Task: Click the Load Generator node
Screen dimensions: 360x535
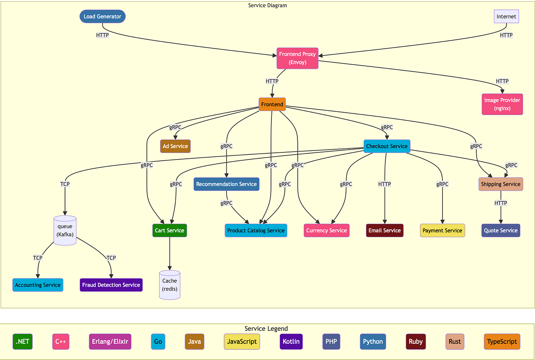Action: click(102, 17)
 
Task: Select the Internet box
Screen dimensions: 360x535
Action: click(506, 17)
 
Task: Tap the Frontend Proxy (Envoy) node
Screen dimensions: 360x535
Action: click(297, 58)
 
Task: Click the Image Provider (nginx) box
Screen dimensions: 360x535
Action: click(502, 104)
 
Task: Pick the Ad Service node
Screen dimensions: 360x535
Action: click(175, 146)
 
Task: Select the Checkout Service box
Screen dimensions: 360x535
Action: click(386, 146)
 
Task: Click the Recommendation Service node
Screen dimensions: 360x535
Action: click(227, 184)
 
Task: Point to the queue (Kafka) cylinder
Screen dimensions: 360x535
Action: click(65, 230)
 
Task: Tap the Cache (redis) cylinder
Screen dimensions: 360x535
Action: click(169, 285)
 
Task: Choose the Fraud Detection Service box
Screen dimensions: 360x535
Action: click(111, 285)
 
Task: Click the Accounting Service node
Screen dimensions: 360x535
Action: click(38, 285)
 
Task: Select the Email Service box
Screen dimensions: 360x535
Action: click(385, 230)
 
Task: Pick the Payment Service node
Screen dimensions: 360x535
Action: click(442, 230)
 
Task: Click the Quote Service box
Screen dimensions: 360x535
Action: click(501, 230)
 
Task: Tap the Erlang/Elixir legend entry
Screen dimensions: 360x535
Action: click(110, 341)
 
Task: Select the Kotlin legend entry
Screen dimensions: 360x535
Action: click(291, 341)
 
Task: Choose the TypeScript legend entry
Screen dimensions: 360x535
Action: click(502, 341)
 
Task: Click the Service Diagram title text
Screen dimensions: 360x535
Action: click(267, 6)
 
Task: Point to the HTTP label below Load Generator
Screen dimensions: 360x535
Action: click(102, 35)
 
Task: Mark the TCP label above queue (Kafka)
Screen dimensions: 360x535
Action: click(65, 184)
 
